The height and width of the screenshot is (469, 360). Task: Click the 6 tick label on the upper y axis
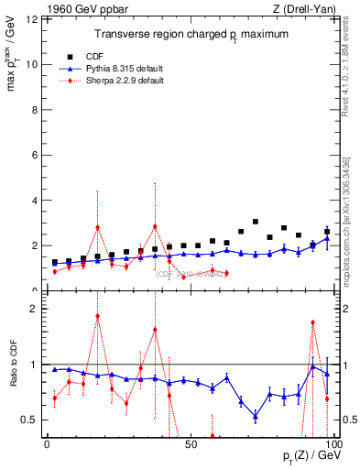click(33, 155)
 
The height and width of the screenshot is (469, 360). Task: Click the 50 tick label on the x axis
click(190, 443)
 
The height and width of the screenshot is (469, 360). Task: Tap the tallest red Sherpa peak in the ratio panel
click(98, 316)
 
